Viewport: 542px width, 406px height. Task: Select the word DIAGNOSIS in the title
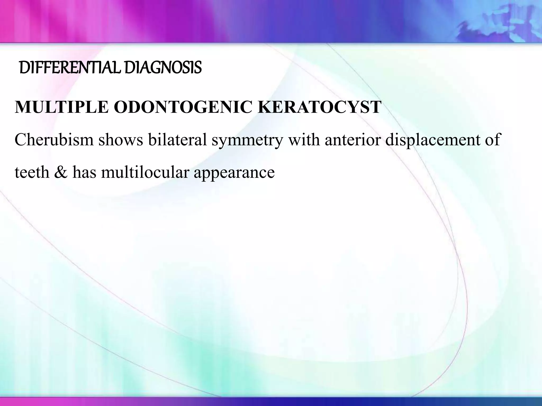pyautogui.click(x=163, y=68)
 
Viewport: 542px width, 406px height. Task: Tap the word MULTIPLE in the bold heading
pyautogui.click(x=62, y=107)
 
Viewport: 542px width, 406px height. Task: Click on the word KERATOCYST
pyautogui.click(x=319, y=107)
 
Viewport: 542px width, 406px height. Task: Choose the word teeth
pyautogui.click(x=32, y=172)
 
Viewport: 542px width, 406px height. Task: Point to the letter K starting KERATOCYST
pyautogui.click(x=265, y=107)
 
